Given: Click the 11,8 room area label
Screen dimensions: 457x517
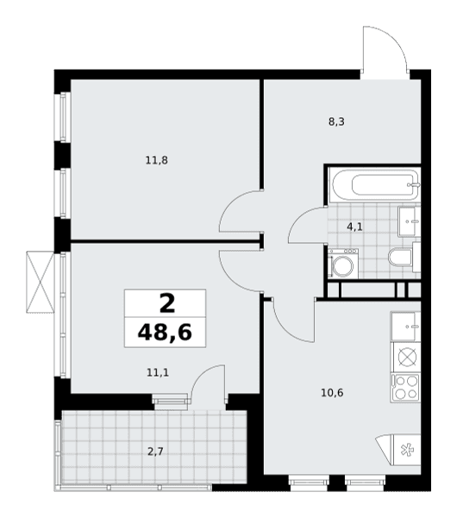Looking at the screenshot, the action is (x=157, y=160).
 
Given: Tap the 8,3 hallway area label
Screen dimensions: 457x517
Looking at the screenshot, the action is (x=336, y=122).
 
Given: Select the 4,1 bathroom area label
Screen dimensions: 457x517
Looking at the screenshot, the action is (x=354, y=227).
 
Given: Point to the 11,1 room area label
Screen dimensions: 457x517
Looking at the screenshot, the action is (x=158, y=372).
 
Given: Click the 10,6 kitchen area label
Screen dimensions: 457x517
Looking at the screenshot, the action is (x=332, y=393).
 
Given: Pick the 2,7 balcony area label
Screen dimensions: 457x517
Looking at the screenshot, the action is (x=155, y=452).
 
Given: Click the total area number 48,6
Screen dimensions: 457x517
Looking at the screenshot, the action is (x=165, y=333).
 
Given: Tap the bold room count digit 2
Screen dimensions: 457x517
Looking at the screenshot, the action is (x=167, y=303).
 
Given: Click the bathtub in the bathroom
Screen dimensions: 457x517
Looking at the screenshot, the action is (x=376, y=184).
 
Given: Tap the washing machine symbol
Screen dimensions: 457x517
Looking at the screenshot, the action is (x=343, y=263).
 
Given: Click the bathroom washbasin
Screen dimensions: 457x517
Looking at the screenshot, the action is (x=410, y=221).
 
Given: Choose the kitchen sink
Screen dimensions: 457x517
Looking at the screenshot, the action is (x=405, y=327).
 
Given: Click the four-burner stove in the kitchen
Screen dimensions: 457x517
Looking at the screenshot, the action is (x=405, y=388).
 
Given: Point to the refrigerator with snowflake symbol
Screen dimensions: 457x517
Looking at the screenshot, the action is (x=398, y=450).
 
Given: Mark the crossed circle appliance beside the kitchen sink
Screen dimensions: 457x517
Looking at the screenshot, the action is (x=405, y=357).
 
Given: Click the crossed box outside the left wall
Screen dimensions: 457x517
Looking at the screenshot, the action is (x=40, y=282).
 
